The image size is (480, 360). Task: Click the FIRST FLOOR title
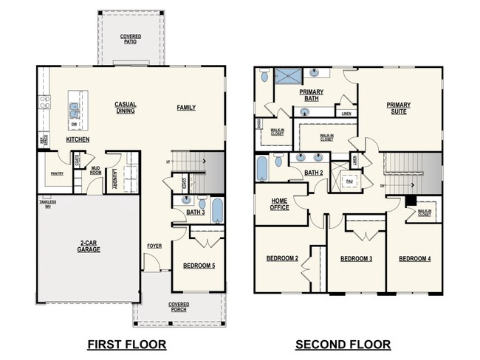pos(126,345)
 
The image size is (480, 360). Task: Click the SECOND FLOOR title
pos(343,345)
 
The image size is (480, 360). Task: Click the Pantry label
pos(57,174)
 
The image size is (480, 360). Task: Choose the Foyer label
pos(154,246)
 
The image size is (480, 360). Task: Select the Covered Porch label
pos(179,307)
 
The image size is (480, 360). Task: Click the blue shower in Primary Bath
pos(285,75)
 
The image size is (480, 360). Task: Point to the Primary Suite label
pos(399,108)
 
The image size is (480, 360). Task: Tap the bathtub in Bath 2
pos(261,168)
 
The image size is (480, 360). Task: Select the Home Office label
pos(279,204)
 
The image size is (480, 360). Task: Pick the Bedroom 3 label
pos(355,259)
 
